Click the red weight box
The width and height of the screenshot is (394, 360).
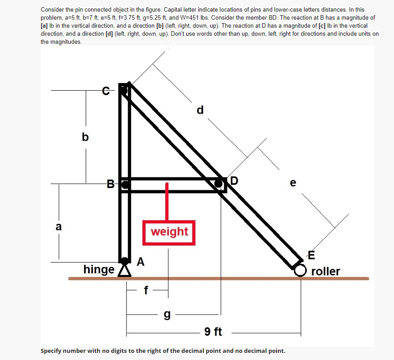click(169, 232)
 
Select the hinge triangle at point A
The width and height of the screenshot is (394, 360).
click(125, 272)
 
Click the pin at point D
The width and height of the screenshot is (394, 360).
click(218, 184)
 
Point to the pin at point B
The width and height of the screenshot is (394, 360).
click(126, 184)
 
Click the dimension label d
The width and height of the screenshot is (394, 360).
click(200, 109)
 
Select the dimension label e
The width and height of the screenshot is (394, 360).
click(293, 183)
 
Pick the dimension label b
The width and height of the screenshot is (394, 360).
click(85, 137)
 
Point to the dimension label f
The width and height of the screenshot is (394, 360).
click(146, 290)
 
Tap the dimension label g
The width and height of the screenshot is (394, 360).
click(167, 315)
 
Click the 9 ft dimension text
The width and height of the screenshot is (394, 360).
click(214, 332)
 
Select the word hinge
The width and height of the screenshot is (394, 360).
click(99, 270)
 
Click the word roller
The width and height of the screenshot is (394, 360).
click(326, 272)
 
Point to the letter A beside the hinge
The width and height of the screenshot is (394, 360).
click(140, 262)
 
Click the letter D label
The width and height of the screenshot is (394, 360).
click(235, 181)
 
